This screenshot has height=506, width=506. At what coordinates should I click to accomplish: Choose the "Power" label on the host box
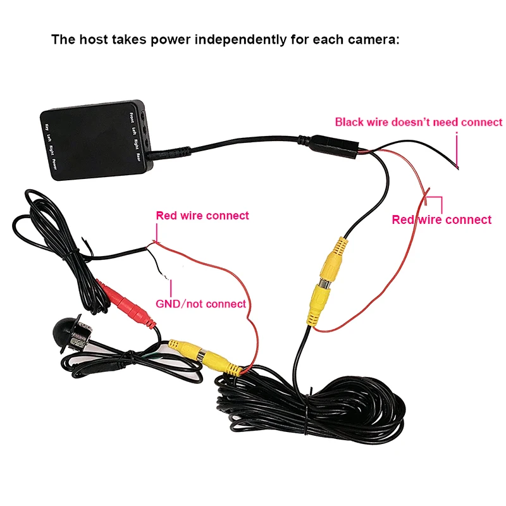(x=55, y=163)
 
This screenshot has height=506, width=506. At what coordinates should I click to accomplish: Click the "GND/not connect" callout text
(x=201, y=304)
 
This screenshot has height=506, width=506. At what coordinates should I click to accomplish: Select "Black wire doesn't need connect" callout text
(x=418, y=122)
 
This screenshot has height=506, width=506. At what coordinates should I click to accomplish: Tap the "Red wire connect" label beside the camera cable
(x=202, y=216)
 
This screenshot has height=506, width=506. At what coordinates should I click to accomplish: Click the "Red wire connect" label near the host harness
(x=441, y=220)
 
